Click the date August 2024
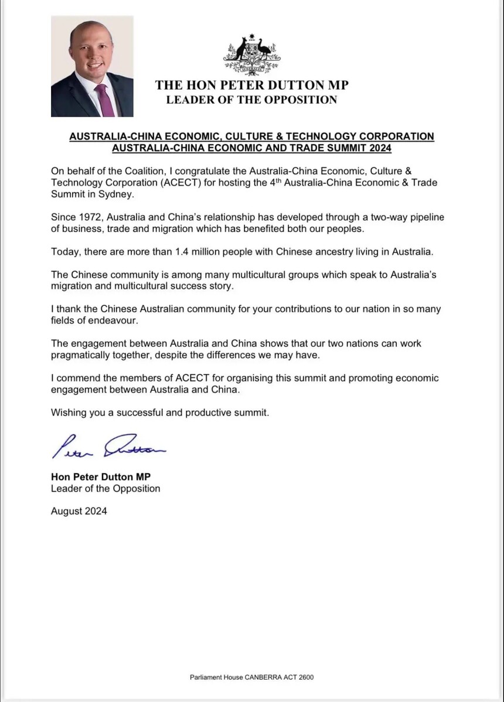79,511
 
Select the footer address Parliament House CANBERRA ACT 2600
251,677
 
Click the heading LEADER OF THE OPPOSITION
251,100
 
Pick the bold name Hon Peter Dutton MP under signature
101,477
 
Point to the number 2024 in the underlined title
378,148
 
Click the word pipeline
425,217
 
